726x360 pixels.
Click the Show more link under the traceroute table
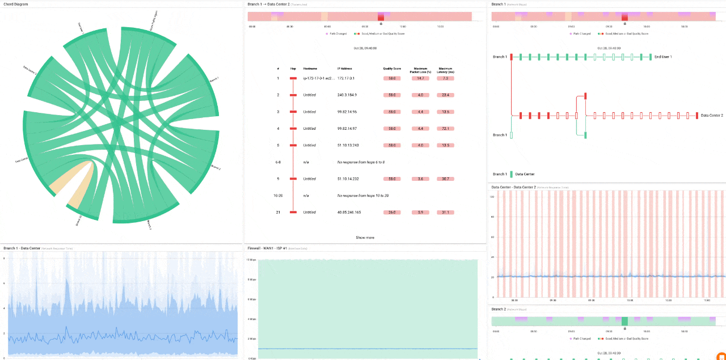tap(365, 238)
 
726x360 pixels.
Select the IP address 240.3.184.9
tap(347, 95)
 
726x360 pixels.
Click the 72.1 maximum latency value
tap(445, 129)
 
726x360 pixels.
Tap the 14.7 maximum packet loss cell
tap(420, 78)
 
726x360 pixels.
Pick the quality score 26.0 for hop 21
tap(391, 212)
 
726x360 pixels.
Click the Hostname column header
tap(310, 69)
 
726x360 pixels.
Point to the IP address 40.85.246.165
tap(349, 212)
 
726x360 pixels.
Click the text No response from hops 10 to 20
tap(363, 196)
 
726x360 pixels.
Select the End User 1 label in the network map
tap(663, 57)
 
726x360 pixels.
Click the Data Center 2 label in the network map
tap(712, 115)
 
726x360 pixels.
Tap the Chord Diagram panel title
tap(15, 4)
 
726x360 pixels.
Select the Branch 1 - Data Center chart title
tap(22, 248)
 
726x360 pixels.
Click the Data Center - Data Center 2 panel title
tap(513, 187)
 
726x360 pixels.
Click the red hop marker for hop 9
tap(293, 179)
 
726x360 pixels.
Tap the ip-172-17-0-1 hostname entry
tap(317, 78)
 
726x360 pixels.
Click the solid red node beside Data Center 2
tap(697, 115)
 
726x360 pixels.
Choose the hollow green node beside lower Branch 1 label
tap(511, 135)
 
